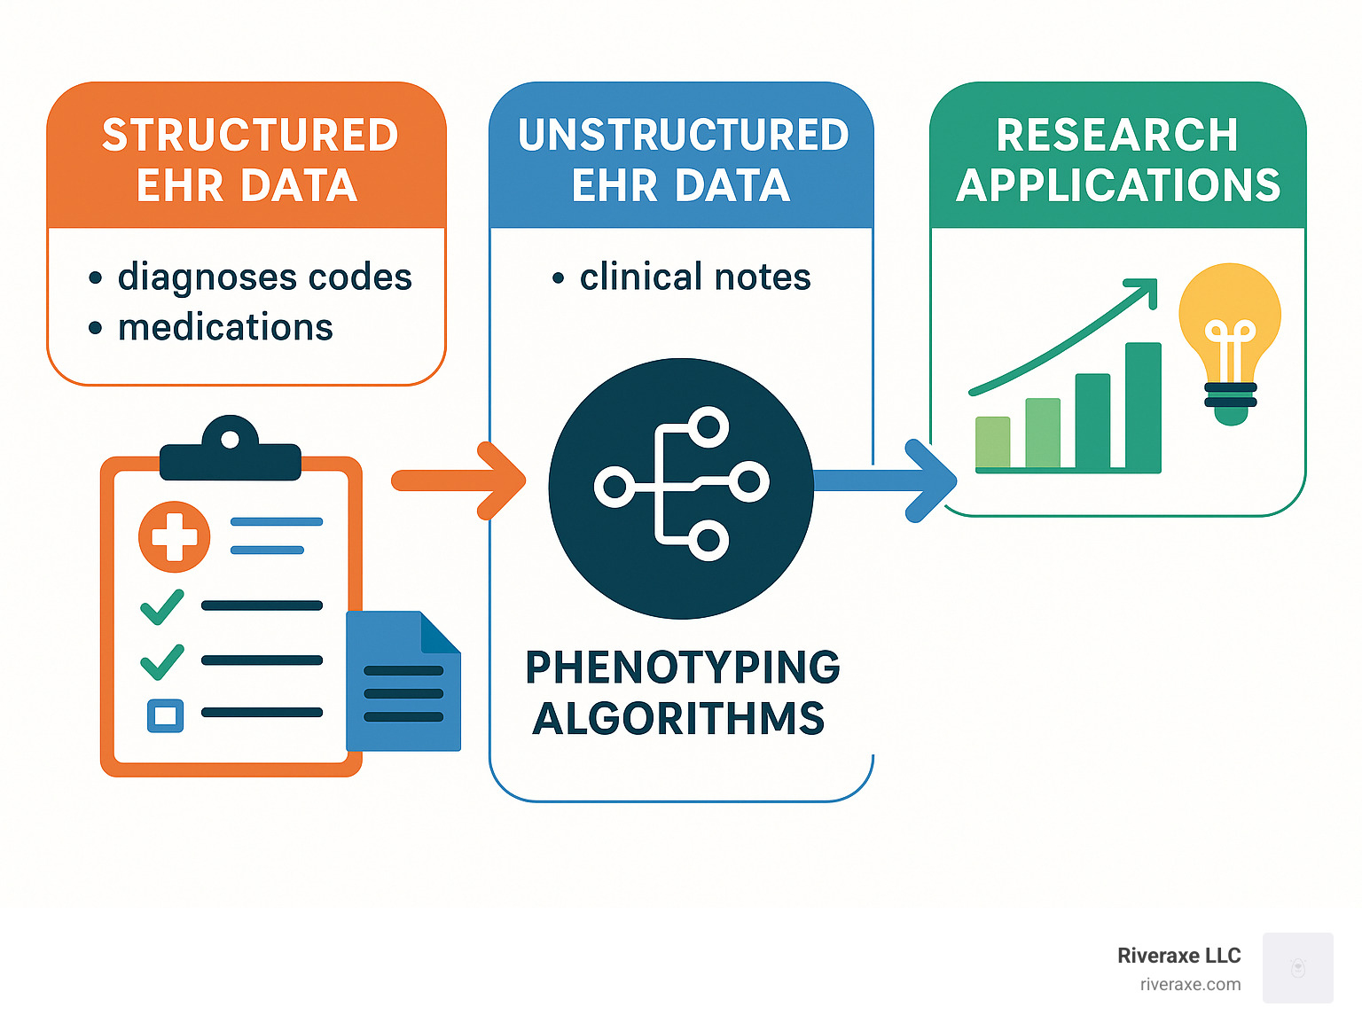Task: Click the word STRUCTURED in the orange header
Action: click(250, 136)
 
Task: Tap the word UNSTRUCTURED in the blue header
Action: click(683, 136)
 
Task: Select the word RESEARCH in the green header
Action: click(1116, 136)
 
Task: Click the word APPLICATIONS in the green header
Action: click(1118, 186)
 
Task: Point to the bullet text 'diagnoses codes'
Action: click(264, 277)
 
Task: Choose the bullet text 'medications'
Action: click(225, 328)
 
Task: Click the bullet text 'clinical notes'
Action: click(695, 277)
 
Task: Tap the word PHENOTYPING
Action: click(682, 668)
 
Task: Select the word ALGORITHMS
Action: click(678, 718)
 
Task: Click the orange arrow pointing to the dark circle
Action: click(461, 480)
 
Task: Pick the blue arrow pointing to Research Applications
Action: click(887, 480)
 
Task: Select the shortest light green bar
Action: click(992, 441)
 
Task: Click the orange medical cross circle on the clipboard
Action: click(174, 536)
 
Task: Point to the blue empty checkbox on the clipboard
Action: click(165, 715)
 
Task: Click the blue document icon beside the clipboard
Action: click(403, 683)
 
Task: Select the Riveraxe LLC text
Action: click(1178, 956)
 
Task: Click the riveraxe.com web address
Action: click(1190, 984)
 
